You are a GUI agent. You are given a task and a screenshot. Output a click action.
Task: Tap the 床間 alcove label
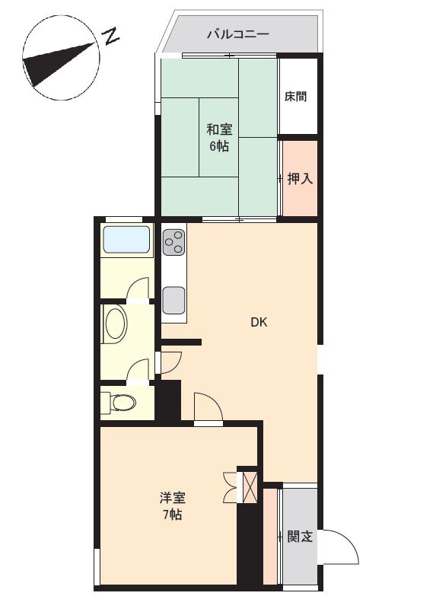[296, 97]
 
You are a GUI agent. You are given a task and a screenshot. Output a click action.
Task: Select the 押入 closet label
[300, 180]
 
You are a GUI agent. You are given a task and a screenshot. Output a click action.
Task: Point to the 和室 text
[219, 129]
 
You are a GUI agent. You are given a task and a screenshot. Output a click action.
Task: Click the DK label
[259, 322]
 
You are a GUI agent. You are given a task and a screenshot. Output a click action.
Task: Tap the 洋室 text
[173, 499]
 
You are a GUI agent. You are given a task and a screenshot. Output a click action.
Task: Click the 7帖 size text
[172, 515]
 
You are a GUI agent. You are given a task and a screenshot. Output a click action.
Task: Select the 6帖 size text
[219, 146]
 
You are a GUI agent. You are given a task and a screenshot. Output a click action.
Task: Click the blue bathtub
[127, 241]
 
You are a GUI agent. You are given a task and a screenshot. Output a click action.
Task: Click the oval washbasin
[116, 323]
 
